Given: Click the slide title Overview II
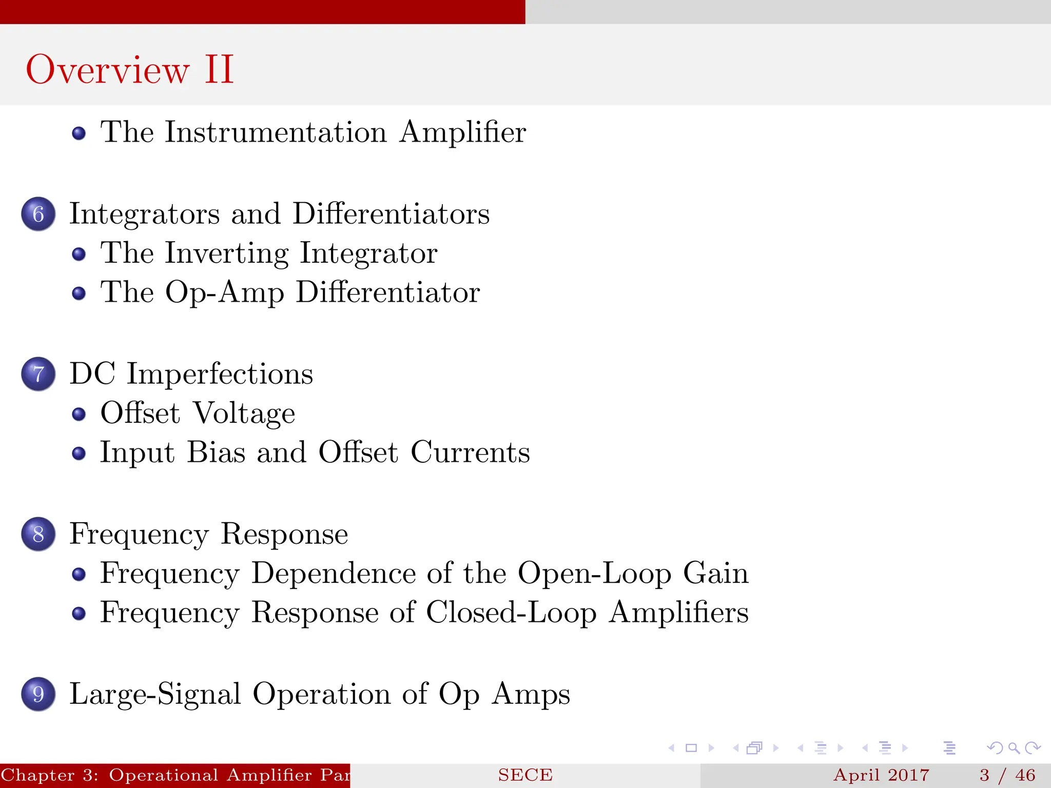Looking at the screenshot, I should (130, 69).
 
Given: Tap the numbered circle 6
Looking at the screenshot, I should (38, 214).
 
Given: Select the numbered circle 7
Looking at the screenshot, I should (38, 374).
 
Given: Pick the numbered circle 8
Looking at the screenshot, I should (38, 534).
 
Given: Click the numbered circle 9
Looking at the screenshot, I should (38, 694).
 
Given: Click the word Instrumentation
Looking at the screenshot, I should (276, 132).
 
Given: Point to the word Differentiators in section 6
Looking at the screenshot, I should (391, 213).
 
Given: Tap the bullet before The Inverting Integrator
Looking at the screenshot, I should (79, 254).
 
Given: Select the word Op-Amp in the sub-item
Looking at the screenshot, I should (224, 293).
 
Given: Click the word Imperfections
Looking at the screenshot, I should (220, 374).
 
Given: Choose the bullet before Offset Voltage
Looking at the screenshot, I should (79, 414).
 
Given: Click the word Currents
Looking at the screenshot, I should (470, 452).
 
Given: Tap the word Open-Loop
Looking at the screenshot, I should (594, 573).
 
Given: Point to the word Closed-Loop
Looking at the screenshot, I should (511, 613).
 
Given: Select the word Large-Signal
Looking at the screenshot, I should (155, 694).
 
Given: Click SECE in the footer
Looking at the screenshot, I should (525, 775).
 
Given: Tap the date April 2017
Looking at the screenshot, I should (881, 775).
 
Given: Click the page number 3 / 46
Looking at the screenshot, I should (1007, 775).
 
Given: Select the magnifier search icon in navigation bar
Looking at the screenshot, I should (1014, 748).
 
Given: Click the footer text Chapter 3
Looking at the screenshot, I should (49, 775).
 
